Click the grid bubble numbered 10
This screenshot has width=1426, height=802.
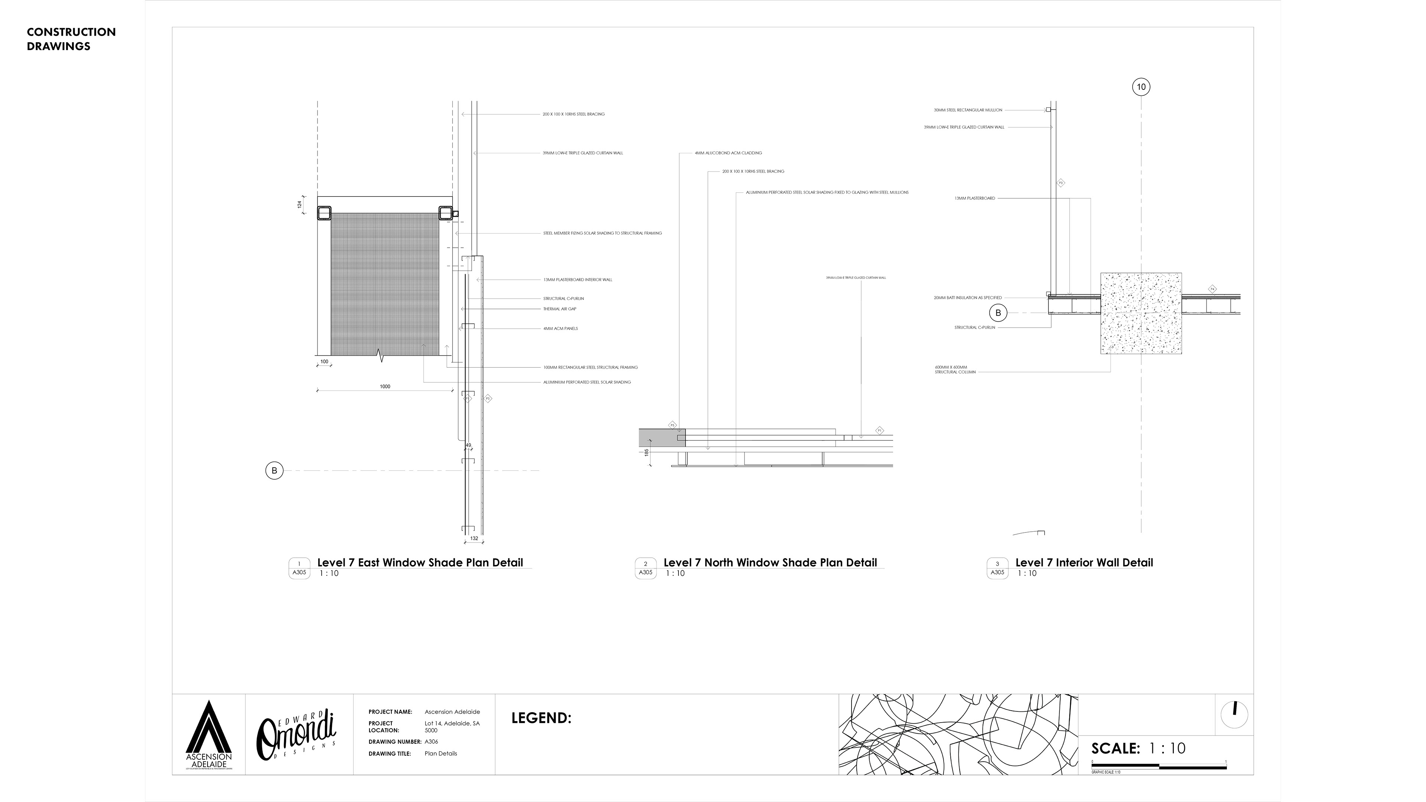1141,87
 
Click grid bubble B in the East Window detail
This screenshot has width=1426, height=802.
274,470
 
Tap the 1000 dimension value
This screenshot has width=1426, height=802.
385,386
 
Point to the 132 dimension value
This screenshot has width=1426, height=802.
474,538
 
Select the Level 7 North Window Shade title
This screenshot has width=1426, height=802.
770,563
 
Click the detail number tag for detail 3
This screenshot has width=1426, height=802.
997,568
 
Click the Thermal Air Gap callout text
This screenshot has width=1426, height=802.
560,309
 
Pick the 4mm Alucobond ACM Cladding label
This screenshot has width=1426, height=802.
728,153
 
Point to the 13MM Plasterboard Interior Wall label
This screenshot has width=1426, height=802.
577,280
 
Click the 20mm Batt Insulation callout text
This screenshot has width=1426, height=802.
968,298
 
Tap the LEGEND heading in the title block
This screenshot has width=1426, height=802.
541,718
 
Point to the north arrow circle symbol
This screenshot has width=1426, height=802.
1234,714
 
